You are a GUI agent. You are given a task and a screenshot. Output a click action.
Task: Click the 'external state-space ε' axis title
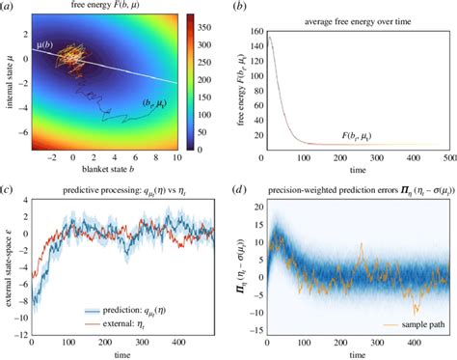(11, 270)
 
